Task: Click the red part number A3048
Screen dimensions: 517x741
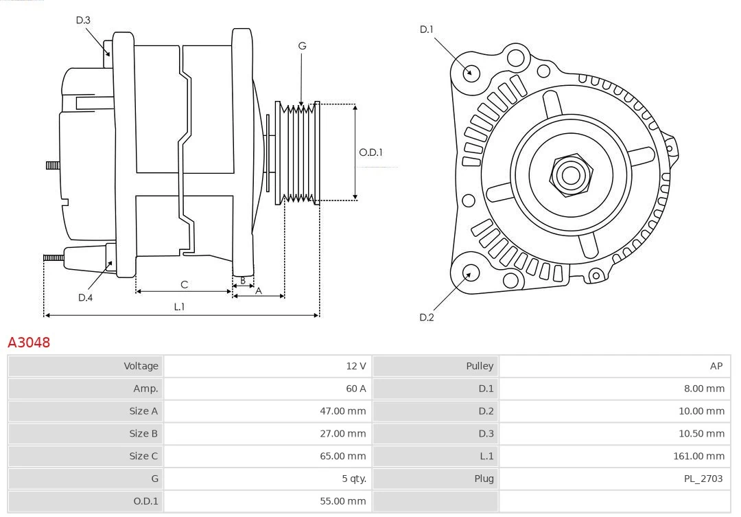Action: tap(29, 342)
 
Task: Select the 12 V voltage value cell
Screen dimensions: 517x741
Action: tap(355, 366)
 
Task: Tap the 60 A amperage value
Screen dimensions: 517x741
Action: tap(355, 389)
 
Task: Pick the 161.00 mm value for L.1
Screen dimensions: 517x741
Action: tap(698, 456)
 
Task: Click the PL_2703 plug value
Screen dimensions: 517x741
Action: tap(703, 479)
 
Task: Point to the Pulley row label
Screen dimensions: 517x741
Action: tap(480, 366)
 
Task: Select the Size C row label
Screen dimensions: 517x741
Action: tap(143, 456)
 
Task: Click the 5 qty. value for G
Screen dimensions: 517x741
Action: tap(353, 479)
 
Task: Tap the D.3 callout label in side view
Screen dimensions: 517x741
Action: tap(83, 20)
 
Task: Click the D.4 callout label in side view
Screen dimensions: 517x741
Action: tap(85, 297)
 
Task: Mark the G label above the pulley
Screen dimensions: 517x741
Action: tap(302, 46)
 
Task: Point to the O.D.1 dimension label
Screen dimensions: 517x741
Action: tap(370, 152)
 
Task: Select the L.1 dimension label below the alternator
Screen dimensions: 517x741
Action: tap(178, 307)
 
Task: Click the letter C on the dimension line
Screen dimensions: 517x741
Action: tap(184, 284)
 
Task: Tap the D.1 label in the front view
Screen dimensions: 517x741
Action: tap(427, 29)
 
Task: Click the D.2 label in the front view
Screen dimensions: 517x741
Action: tap(427, 317)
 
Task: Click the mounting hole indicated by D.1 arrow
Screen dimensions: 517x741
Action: tap(471, 72)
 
